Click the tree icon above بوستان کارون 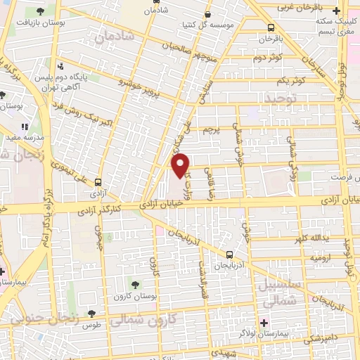pos(135,284)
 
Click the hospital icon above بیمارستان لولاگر pos(264,323)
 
